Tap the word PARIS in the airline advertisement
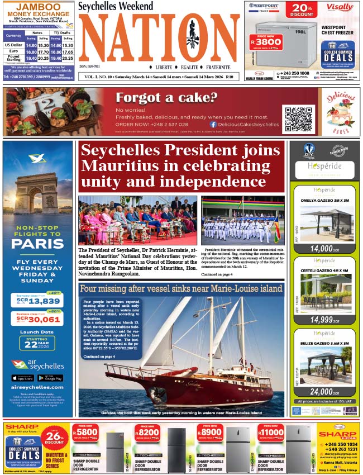coord(37,244)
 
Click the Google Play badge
coord(51,378)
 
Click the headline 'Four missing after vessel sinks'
coord(181,289)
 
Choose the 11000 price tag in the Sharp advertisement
coord(271,433)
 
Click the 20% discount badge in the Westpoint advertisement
coord(302,10)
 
